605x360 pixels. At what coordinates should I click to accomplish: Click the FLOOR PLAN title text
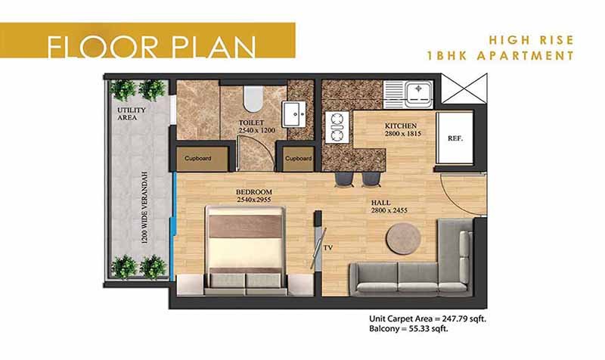pyautogui.click(x=150, y=46)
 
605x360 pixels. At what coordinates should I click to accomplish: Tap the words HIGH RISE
pyautogui.click(x=532, y=40)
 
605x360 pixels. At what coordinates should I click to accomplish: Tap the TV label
pyautogui.click(x=329, y=247)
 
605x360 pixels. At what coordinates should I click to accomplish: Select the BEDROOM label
pyautogui.click(x=253, y=192)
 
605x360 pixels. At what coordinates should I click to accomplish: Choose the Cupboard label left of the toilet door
pyautogui.click(x=197, y=158)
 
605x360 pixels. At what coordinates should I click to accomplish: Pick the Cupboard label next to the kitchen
pyautogui.click(x=298, y=158)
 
